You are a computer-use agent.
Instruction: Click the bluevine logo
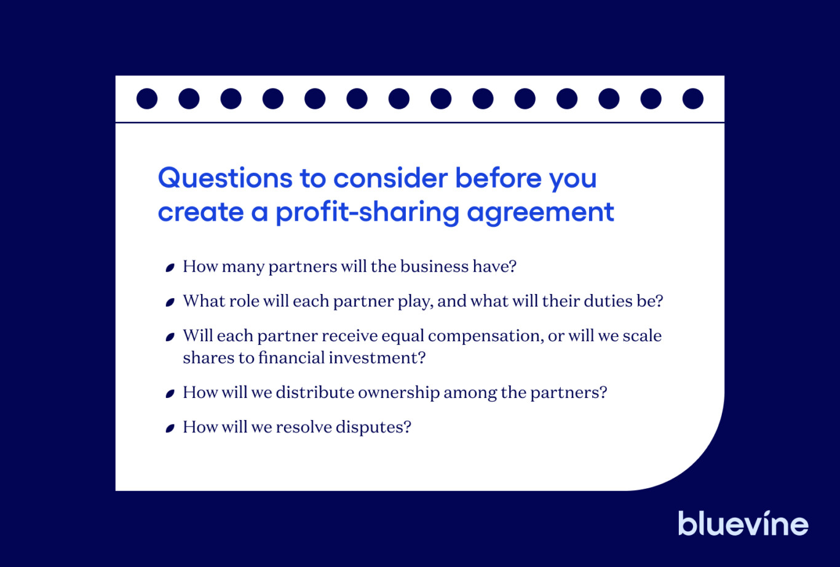click(x=743, y=523)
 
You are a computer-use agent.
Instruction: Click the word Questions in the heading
click(x=225, y=178)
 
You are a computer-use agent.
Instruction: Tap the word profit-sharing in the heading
click(x=368, y=213)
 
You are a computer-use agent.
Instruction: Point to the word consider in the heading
click(x=390, y=178)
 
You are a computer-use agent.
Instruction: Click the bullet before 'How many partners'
click(x=170, y=268)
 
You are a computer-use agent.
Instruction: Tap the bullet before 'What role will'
click(x=170, y=302)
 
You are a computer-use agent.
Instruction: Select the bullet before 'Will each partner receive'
click(x=170, y=337)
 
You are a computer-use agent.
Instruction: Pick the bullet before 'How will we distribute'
click(x=170, y=394)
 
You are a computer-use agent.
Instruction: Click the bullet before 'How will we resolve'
click(x=170, y=428)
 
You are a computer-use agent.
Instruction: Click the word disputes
click(x=373, y=428)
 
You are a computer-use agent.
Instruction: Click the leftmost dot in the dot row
click(x=147, y=98)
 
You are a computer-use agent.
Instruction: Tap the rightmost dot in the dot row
click(x=693, y=98)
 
